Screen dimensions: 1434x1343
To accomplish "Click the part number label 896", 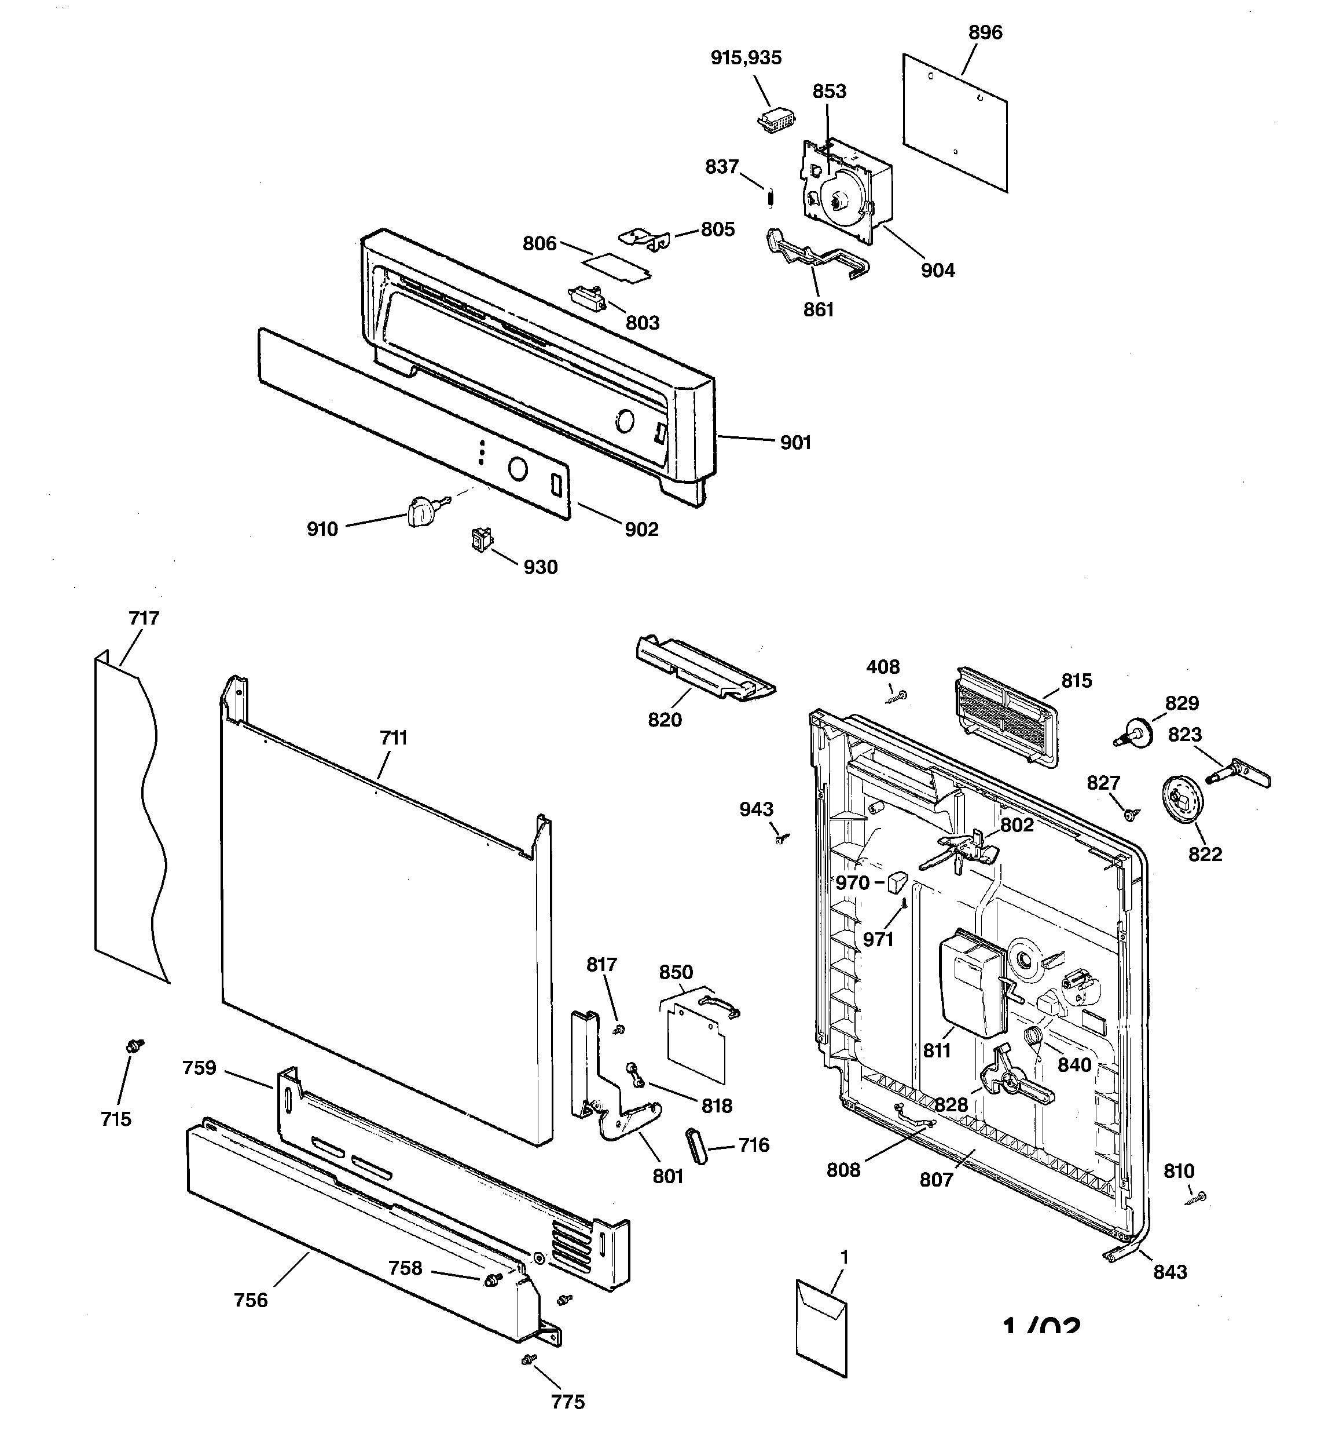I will (985, 32).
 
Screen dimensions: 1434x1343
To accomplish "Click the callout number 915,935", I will (746, 58).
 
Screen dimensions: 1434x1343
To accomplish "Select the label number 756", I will (251, 1300).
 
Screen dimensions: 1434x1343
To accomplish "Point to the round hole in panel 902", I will (517, 469).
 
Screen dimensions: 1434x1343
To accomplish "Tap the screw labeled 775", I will (528, 1359).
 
